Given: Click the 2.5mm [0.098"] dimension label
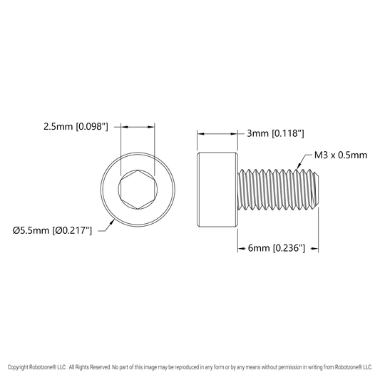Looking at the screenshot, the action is click(x=76, y=126).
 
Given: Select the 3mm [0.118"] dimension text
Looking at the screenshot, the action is click(x=275, y=133).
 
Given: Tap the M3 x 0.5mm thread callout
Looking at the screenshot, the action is click(x=341, y=155).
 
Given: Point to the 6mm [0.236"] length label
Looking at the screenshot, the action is click(x=277, y=248).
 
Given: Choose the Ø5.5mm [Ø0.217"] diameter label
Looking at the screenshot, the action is click(x=52, y=230).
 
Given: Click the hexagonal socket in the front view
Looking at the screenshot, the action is click(x=138, y=189).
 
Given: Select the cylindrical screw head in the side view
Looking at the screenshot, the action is click(x=217, y=190).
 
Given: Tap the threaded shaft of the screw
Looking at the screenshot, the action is click(x=278, y=189).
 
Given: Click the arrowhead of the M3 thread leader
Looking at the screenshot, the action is click(x=299, y=166).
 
